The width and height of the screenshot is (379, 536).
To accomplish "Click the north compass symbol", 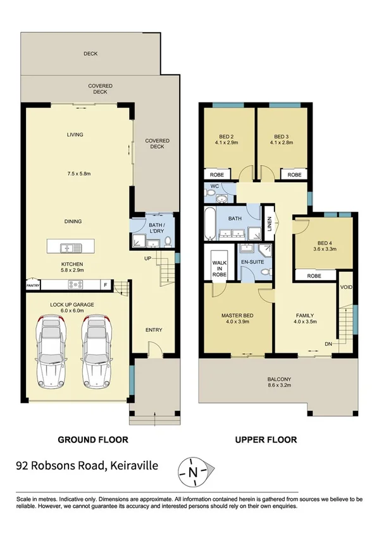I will tap(196, 471).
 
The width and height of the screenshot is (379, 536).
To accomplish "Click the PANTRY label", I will tap(34, 284).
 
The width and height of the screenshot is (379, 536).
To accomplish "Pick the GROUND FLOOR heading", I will tap(93, 439).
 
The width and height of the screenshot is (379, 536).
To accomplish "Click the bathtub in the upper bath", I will tap(209, 224).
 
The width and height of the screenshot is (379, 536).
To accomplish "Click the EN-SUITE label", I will tap(251, 262).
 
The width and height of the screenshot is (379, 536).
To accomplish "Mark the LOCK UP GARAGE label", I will tap(72, 305).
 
